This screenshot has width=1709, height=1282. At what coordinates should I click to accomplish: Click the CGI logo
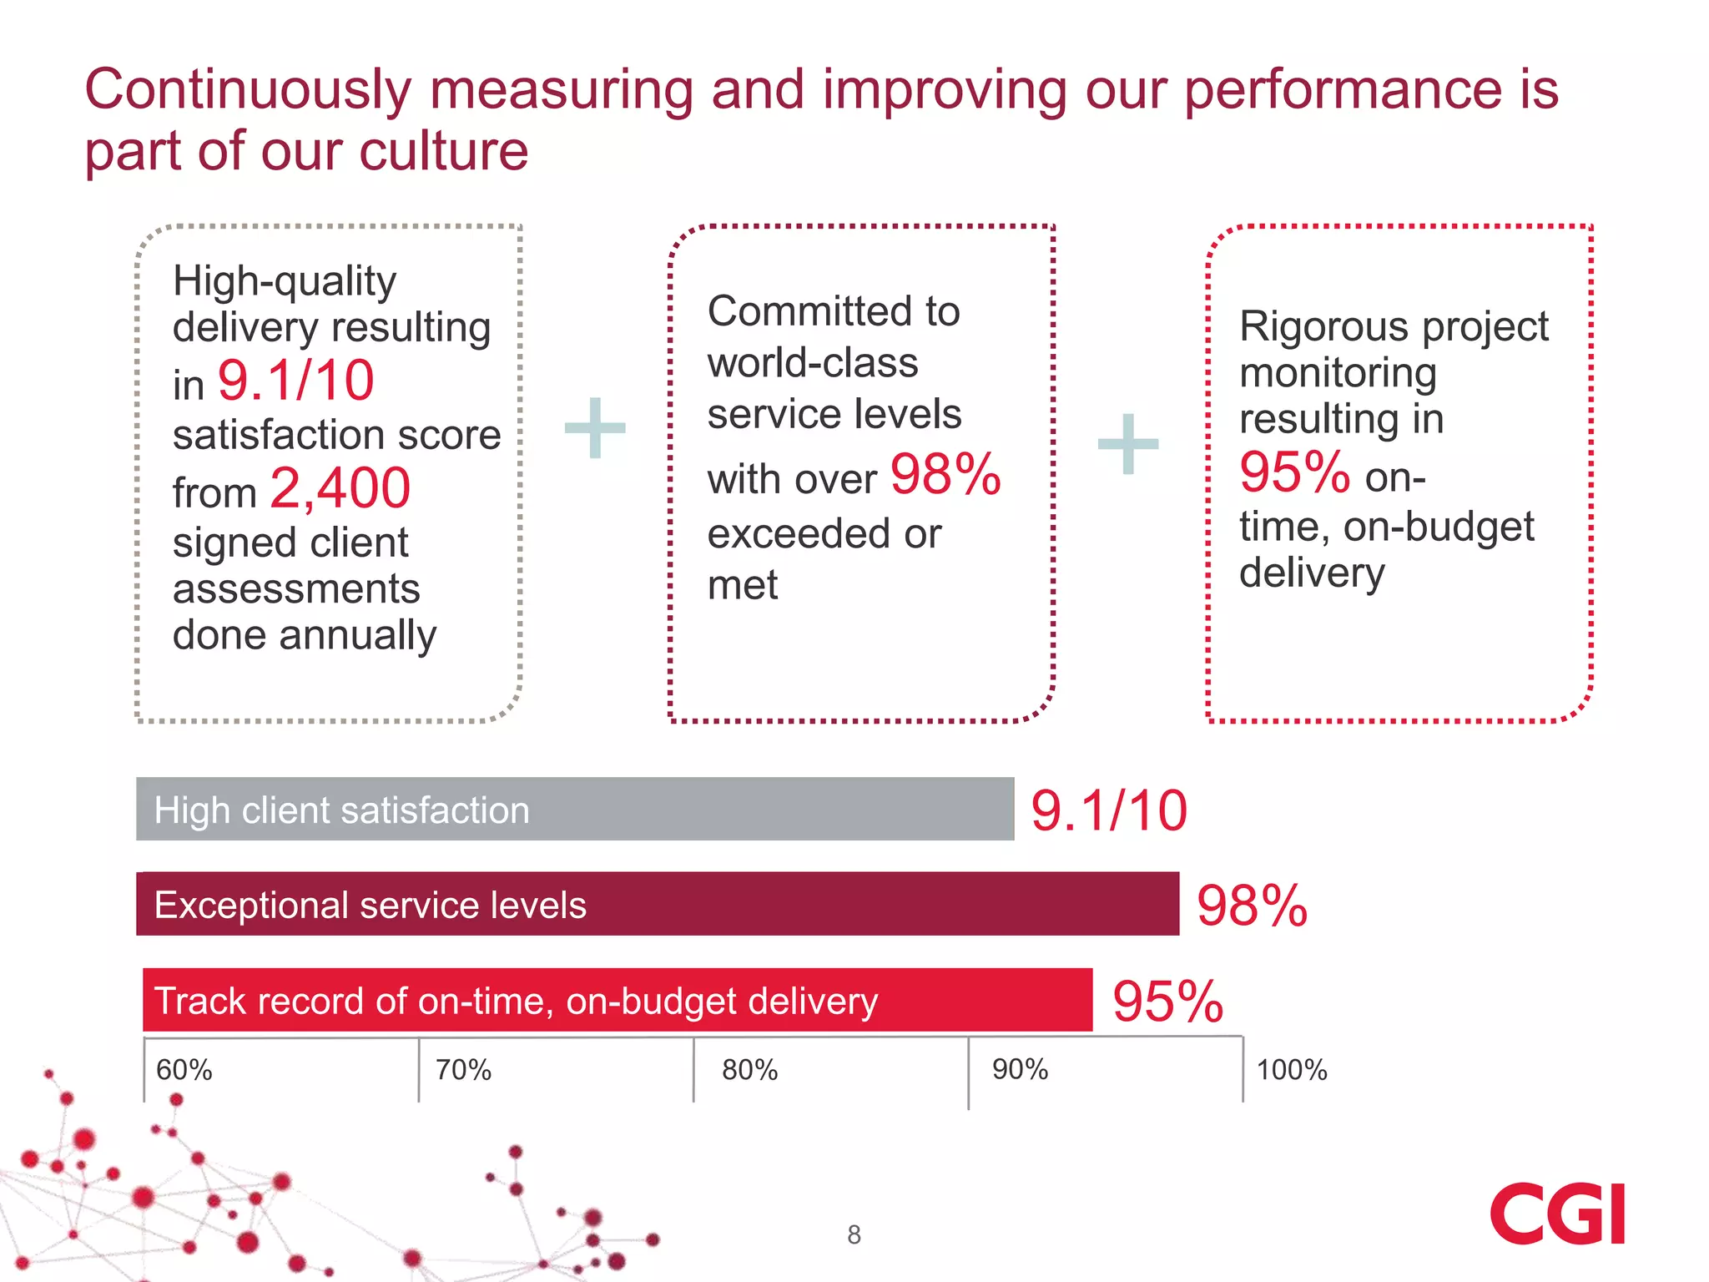point(1557,1214)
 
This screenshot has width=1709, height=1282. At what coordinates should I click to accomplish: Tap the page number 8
point(854,1234)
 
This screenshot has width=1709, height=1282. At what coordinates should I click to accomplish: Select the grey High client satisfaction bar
point(574,809)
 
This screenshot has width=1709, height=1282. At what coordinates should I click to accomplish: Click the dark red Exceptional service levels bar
point(657,904)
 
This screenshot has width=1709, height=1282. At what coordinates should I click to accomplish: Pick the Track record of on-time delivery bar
point(617,1000)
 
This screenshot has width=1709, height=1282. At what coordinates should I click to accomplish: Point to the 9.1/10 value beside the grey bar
point(1108,810)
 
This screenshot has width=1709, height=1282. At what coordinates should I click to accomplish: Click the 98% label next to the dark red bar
point(1251,906)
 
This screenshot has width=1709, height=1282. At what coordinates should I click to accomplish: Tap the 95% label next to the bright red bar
point(1167,1002)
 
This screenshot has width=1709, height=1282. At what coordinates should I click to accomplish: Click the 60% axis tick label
point(184,1070)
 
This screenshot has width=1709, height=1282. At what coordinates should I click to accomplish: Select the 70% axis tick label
point(463,1070)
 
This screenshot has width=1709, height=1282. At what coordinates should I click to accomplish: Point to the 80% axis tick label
point(749,1070)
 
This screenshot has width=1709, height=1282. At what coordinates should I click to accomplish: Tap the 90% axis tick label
point(1020,1069)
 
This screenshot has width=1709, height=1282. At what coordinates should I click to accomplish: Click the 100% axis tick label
point(1291,1070)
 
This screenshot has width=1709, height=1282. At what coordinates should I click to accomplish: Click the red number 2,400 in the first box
point(340,488)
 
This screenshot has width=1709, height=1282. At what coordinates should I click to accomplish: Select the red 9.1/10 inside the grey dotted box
point(295,381)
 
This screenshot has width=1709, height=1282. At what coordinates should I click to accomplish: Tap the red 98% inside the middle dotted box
point(945,475)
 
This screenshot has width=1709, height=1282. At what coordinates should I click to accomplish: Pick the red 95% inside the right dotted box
point(1294,472)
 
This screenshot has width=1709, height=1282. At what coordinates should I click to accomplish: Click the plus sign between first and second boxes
point(595,428)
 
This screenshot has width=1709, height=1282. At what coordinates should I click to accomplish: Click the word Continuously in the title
point(248,89)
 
